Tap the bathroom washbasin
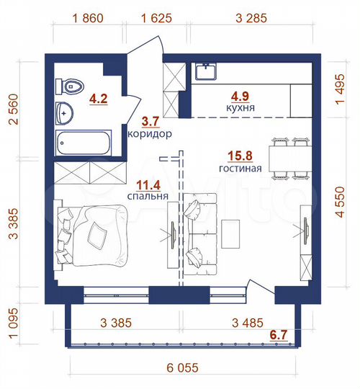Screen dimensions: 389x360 click(66, 112)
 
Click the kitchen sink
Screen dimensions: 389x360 click(208, 73)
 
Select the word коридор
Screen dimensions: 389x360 click(149, 134)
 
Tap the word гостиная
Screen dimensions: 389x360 click(240, 169)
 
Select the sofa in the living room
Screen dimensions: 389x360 click(199, 233)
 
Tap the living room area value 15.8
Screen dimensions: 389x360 click(240, 155)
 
